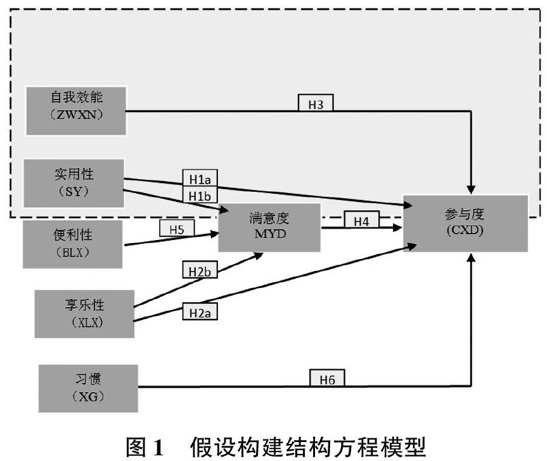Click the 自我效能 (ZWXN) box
[76, 110]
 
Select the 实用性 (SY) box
[74, 182]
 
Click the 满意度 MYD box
[269, 227]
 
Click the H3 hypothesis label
[315, 103]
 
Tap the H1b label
[200, 194]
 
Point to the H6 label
[327, 379]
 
